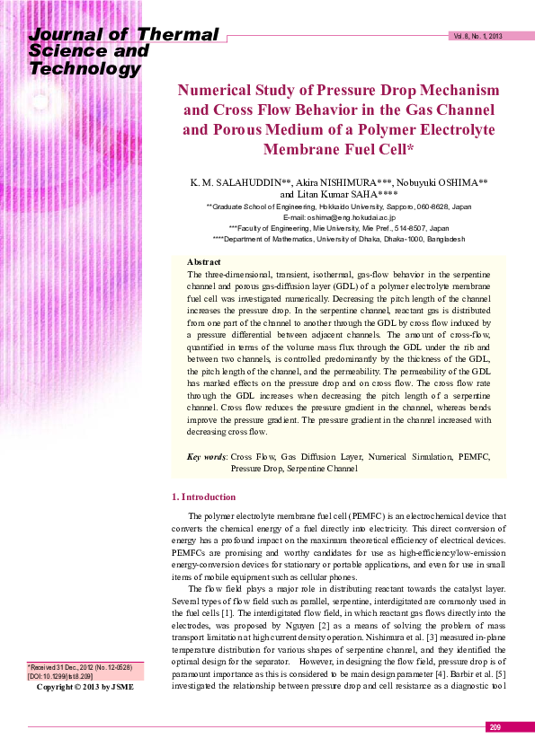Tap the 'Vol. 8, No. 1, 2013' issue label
477,37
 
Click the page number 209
495,727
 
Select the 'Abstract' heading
203,260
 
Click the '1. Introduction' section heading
203,497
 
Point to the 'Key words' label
207,457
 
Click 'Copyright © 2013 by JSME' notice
85,712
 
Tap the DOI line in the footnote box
61,701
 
